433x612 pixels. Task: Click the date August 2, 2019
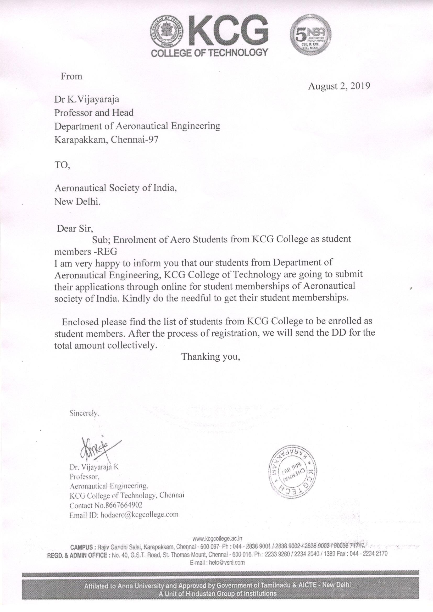pos(339,86)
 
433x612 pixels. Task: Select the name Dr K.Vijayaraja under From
pos(87,100)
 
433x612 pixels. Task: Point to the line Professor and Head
pos(94,113)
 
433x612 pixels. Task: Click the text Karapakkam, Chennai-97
pos(106,140)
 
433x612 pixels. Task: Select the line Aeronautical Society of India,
pos(116,188)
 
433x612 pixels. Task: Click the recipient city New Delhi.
pos(77,202)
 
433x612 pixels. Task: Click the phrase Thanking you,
pos(211,357)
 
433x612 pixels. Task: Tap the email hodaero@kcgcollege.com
pos(139,514)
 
